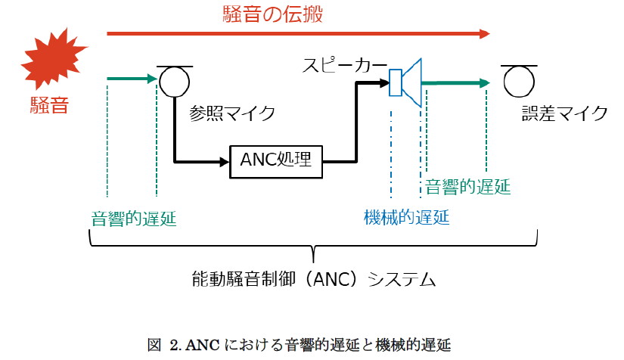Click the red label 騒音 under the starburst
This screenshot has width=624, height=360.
tap(49, 104)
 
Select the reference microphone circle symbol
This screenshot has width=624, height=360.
tap(172, 81)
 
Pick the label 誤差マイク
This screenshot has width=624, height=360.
tap(564, 113)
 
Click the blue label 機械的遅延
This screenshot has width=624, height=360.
tap(406, 218)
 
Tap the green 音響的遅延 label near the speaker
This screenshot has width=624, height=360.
tap(467, 186)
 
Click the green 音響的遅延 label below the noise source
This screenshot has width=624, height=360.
tap(133, 219)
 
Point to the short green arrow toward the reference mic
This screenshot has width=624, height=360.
tap(132, 77)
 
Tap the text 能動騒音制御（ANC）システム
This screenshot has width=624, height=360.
tap(314, 279)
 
